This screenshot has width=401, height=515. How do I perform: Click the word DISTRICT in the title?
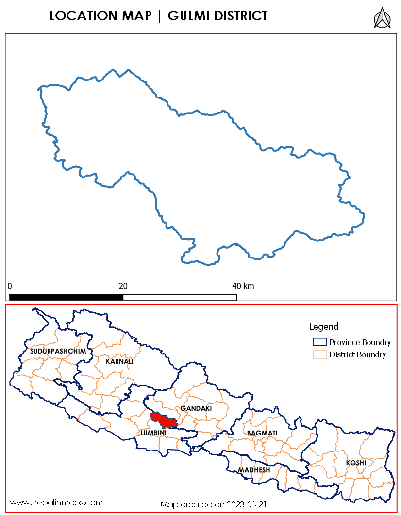tap(241, 16)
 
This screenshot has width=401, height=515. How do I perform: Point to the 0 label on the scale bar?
tap(10, 286)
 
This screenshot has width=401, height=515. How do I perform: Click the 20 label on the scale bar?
tap(123, 286)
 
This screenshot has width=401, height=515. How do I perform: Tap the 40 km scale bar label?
tap(243, 286)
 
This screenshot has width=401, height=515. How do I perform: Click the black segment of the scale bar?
tap(66, 297)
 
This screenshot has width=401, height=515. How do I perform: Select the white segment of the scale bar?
tap(180, 297)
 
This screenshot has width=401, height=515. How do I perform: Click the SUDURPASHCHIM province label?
tap(58, 351)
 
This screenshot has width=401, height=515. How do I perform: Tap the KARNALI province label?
tap(119, 361)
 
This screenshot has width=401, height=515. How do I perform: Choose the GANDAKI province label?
tap(196, 408)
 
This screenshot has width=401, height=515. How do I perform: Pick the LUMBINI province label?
tap(153, 432)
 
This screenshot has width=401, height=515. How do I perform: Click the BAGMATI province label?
tap(262, 432)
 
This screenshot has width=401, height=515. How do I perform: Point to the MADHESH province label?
tap(254, 470)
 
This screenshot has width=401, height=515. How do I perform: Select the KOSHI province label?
tap(356, 463)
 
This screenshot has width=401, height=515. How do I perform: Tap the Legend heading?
tap(324, 326)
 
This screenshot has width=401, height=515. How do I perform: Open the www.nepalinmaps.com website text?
tap(56, 502)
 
